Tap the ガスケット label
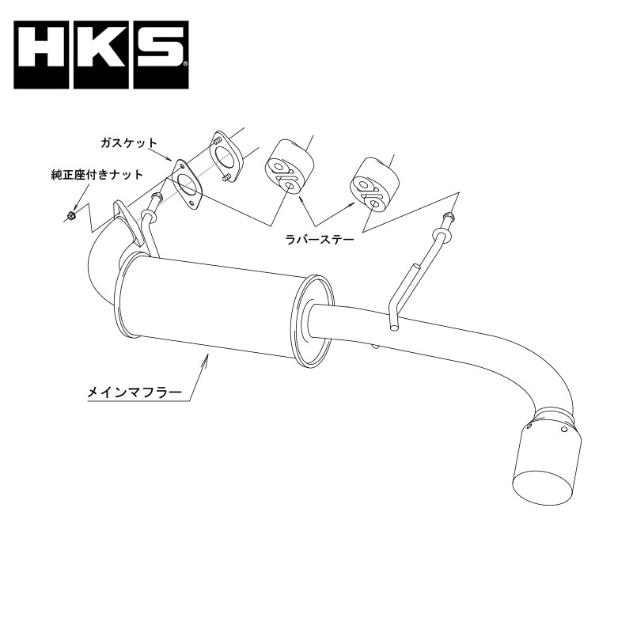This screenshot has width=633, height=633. [128, 143]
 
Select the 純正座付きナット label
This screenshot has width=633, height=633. [97, 175]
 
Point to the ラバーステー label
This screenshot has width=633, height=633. [320, 240]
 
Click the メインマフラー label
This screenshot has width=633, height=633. [135, 392]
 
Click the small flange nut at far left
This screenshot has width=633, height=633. [71, 216]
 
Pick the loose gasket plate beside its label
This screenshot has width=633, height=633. [186, 184]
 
